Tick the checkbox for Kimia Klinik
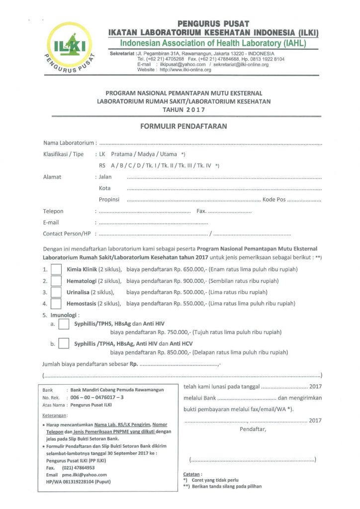pyautogui.click(x=56, y=270)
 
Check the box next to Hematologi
pyautogui.click(x=56, y=281)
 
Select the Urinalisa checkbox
pyautogui.click(x=56, y=292)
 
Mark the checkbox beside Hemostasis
pyautogui.click(x=56, y=303)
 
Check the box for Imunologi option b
pyautogui.click(x=64, y=343)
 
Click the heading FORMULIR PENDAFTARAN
pyautogui.click(x=184, y=126)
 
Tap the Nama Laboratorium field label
pyautogui.click(x=69, y=143)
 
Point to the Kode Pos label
pyautogui.click(x=274, y=200)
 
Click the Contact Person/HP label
pyautogui.click(x=67, y=234)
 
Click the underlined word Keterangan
pyautogui.click(x=54, y=415)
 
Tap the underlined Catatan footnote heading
pyautogui.click(x=191, y=474)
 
